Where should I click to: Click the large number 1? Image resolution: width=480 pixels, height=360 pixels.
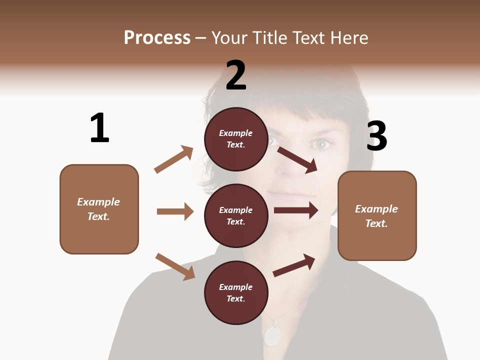pyautogui.click(x=99, y=128)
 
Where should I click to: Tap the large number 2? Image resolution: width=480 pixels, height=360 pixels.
pyautogui.click(x=236, y=75)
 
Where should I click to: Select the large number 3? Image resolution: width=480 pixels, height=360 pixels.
pyautogui.click(x=376, y=136)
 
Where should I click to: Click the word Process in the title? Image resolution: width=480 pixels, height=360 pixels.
pyautogui.click(x=157, y=37)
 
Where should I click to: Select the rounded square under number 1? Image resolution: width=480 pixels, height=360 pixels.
pyautogui.click(x=99, y=209)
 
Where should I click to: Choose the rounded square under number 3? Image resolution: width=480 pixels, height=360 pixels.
pyautogui.click(x=377, y=215)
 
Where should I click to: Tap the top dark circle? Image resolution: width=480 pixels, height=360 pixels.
pyautogui.click(x=236, y=139)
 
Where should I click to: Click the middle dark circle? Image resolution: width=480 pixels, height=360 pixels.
pyautogui.click(x=236, y=215)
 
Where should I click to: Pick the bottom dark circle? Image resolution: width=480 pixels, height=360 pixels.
pyautogui.click(x=236, y=292)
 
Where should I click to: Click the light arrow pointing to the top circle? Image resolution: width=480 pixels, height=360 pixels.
pyautogui.click(x=174, y=159)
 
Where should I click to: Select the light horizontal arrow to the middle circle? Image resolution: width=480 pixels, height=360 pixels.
pyautogui.click(x=175, y=211)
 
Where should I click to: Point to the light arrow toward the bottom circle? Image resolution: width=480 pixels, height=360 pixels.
pyautogui.click(x=175, y=266)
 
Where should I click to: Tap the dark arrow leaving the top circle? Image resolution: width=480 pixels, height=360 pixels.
pyautogui.click(x=297, y=159)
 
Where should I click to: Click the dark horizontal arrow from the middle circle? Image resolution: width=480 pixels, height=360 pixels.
pyautogui.click(x=296, y=210)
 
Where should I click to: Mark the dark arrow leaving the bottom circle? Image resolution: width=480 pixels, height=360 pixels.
pyautogui.click(x=294, y=265)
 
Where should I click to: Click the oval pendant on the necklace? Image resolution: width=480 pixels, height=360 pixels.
pyautogui.click(x=272, y=336)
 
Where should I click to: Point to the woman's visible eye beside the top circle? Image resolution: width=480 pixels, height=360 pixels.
pyautogui.click(x=322, y=144)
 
